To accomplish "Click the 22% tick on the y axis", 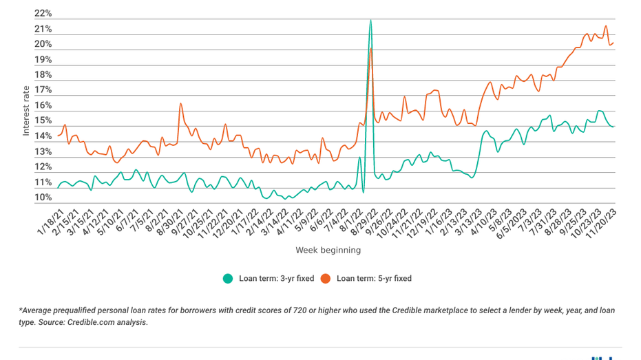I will pos(43,14).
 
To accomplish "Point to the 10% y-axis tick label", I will pos(43,198).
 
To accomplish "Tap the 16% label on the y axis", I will pos(43,106).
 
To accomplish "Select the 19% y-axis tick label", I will pos(43,60).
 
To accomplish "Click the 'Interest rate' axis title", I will pos(26,109).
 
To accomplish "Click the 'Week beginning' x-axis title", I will pos(328,250).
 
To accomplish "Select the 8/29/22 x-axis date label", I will pos(362,222).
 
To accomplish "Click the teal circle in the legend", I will pos(227,279).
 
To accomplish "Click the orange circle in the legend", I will pos(325,279).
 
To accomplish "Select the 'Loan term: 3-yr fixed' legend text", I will pos(276,279).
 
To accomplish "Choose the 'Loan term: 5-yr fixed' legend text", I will pos(374,279).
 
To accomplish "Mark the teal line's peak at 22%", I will pos(371,20).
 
